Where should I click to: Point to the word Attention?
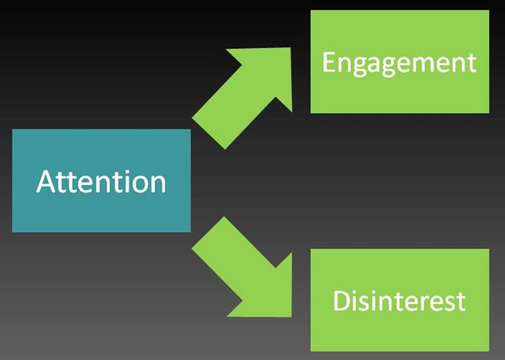tap(101, 182)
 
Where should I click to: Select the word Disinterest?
tap(399, 301)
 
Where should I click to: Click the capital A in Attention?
tap(47, 181)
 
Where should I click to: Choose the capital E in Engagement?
tap(328, 62)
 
